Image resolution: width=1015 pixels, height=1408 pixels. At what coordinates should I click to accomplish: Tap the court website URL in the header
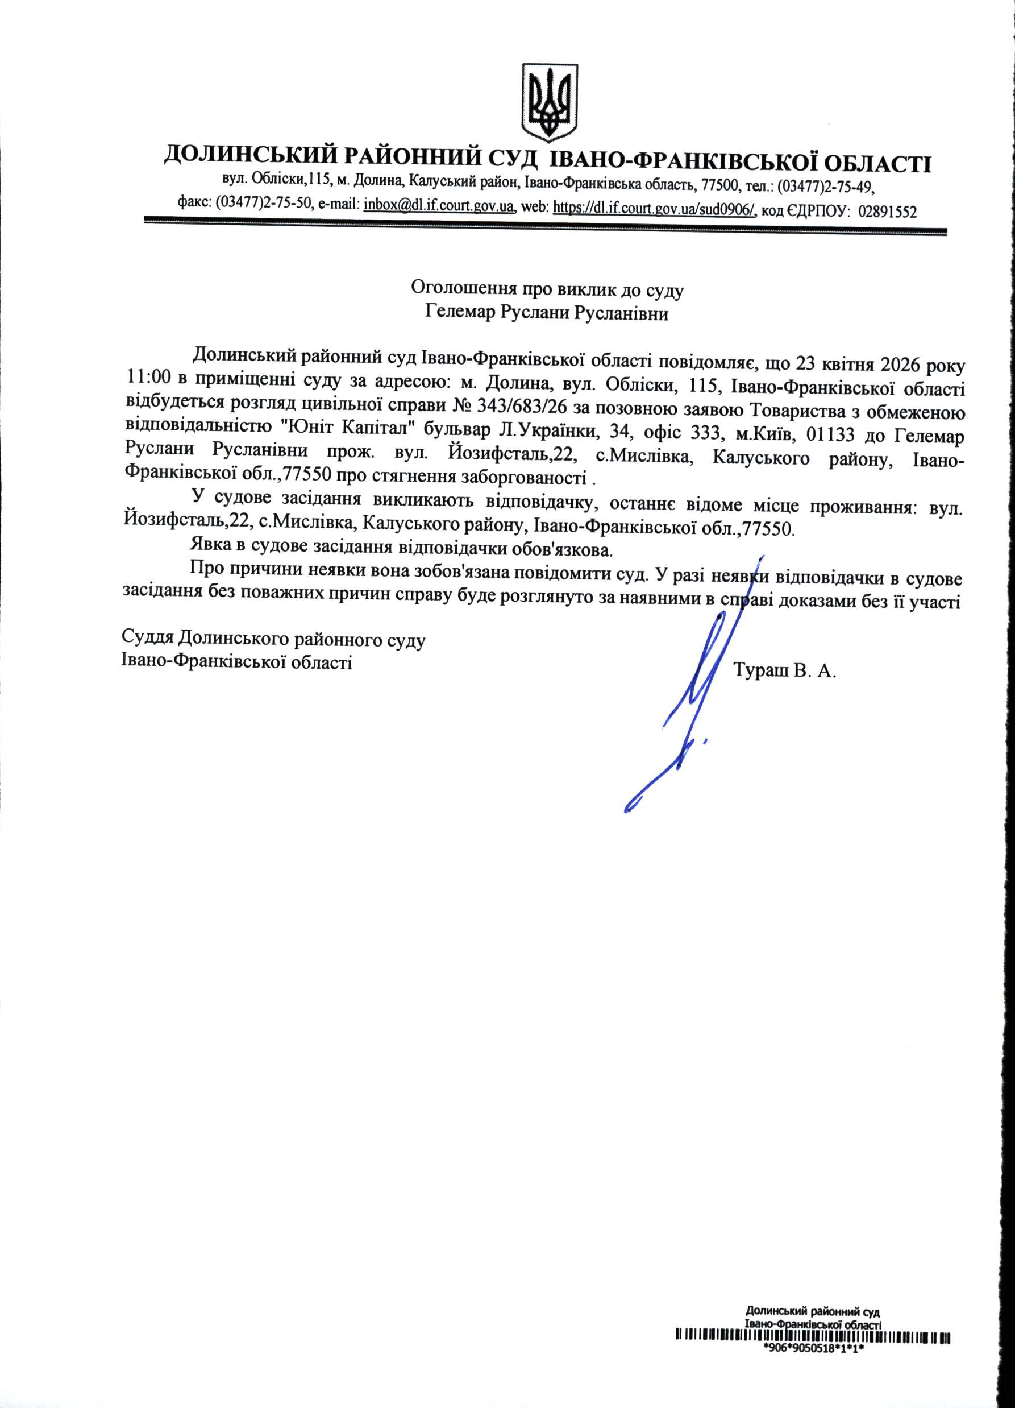[x=654, y=208]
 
